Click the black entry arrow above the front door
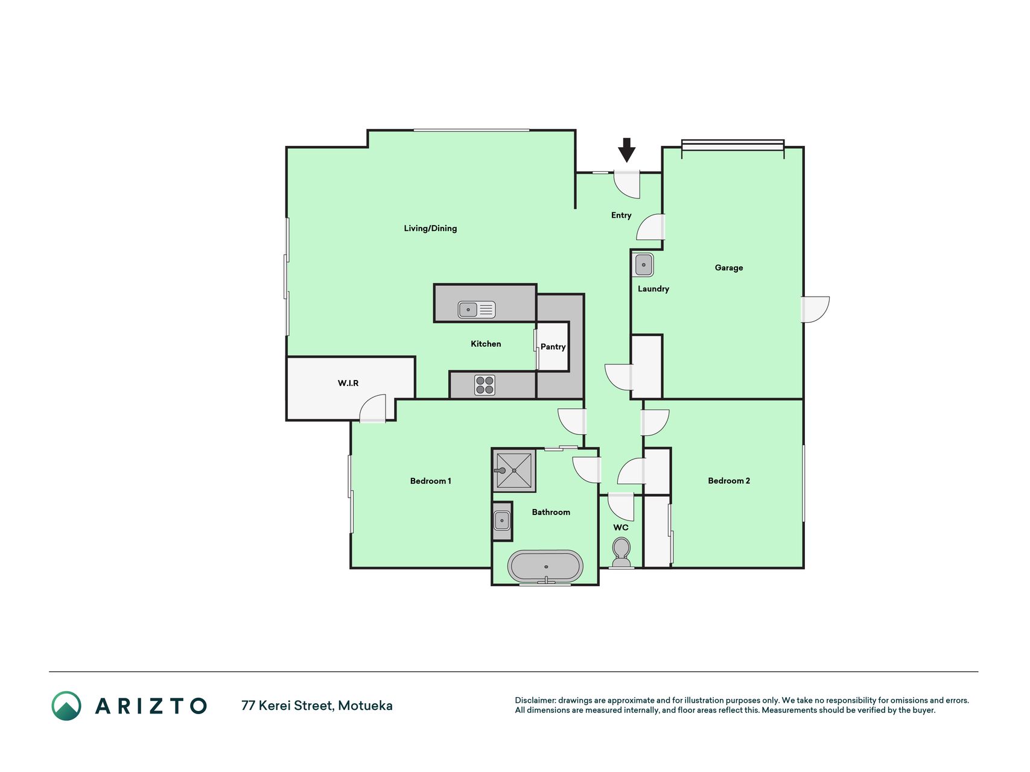click(x=627, y=150)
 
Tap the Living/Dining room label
click(x=430, y=228)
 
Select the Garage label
click(x=729, y=267)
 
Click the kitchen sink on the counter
click(x=477, y=309)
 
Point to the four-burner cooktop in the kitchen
click(x=485, y=385)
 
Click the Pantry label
click(x=553, y=347)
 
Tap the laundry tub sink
click(x=644, y=265)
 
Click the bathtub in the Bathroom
click(x=545, y=567)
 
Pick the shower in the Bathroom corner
click(x=514, y=470)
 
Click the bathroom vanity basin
click(x=502, y=520)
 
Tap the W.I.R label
click(x=348, y=383)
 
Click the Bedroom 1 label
click(x=431, y=481)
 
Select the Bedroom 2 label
click(x=729, y=481)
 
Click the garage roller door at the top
click(x=733, y=145)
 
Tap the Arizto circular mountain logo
click(x=66, y=706)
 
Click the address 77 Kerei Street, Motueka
click(x=317, y=706)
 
